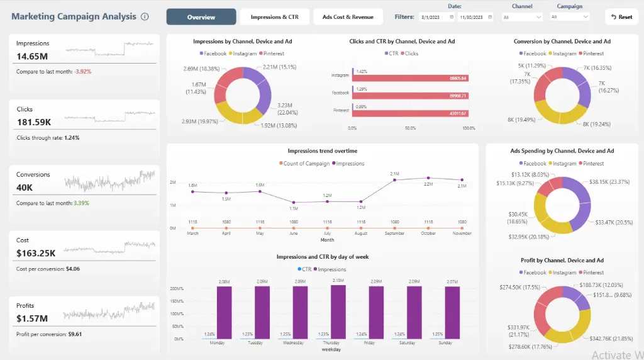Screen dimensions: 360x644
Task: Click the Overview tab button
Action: point(201,17)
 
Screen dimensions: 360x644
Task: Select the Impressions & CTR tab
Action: point(274,17)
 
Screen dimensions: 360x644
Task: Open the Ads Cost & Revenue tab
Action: point(348,17)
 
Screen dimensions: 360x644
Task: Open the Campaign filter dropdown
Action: point(572,17)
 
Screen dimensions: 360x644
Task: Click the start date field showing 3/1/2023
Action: point(436,17)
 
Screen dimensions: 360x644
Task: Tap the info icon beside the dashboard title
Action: point(145,17)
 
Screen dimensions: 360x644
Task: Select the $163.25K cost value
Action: point(36,253)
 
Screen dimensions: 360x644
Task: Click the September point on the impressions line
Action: point(394,180)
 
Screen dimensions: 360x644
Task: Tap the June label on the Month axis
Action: point(293,233)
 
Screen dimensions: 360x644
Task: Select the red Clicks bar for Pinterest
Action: point(409,113)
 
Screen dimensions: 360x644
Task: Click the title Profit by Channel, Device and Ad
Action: point(562,260)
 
